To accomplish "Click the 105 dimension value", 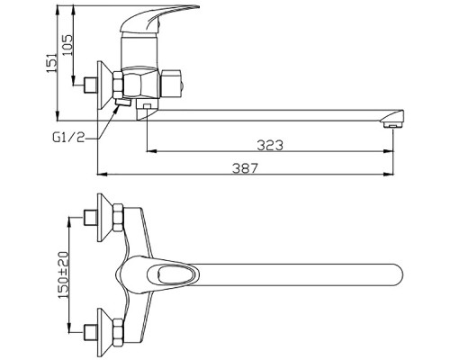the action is [x=67, y=45].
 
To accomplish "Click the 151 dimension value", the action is [x=51, y=63].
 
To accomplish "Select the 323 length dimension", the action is [x=270, y=145].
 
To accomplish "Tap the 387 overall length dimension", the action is [x=245, y=168].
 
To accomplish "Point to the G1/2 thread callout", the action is [x=68, y=138].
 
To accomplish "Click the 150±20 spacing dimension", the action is [x=64, y=274].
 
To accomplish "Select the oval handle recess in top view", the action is [x=173, y=274].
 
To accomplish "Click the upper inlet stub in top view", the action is [x=90, y=218].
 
